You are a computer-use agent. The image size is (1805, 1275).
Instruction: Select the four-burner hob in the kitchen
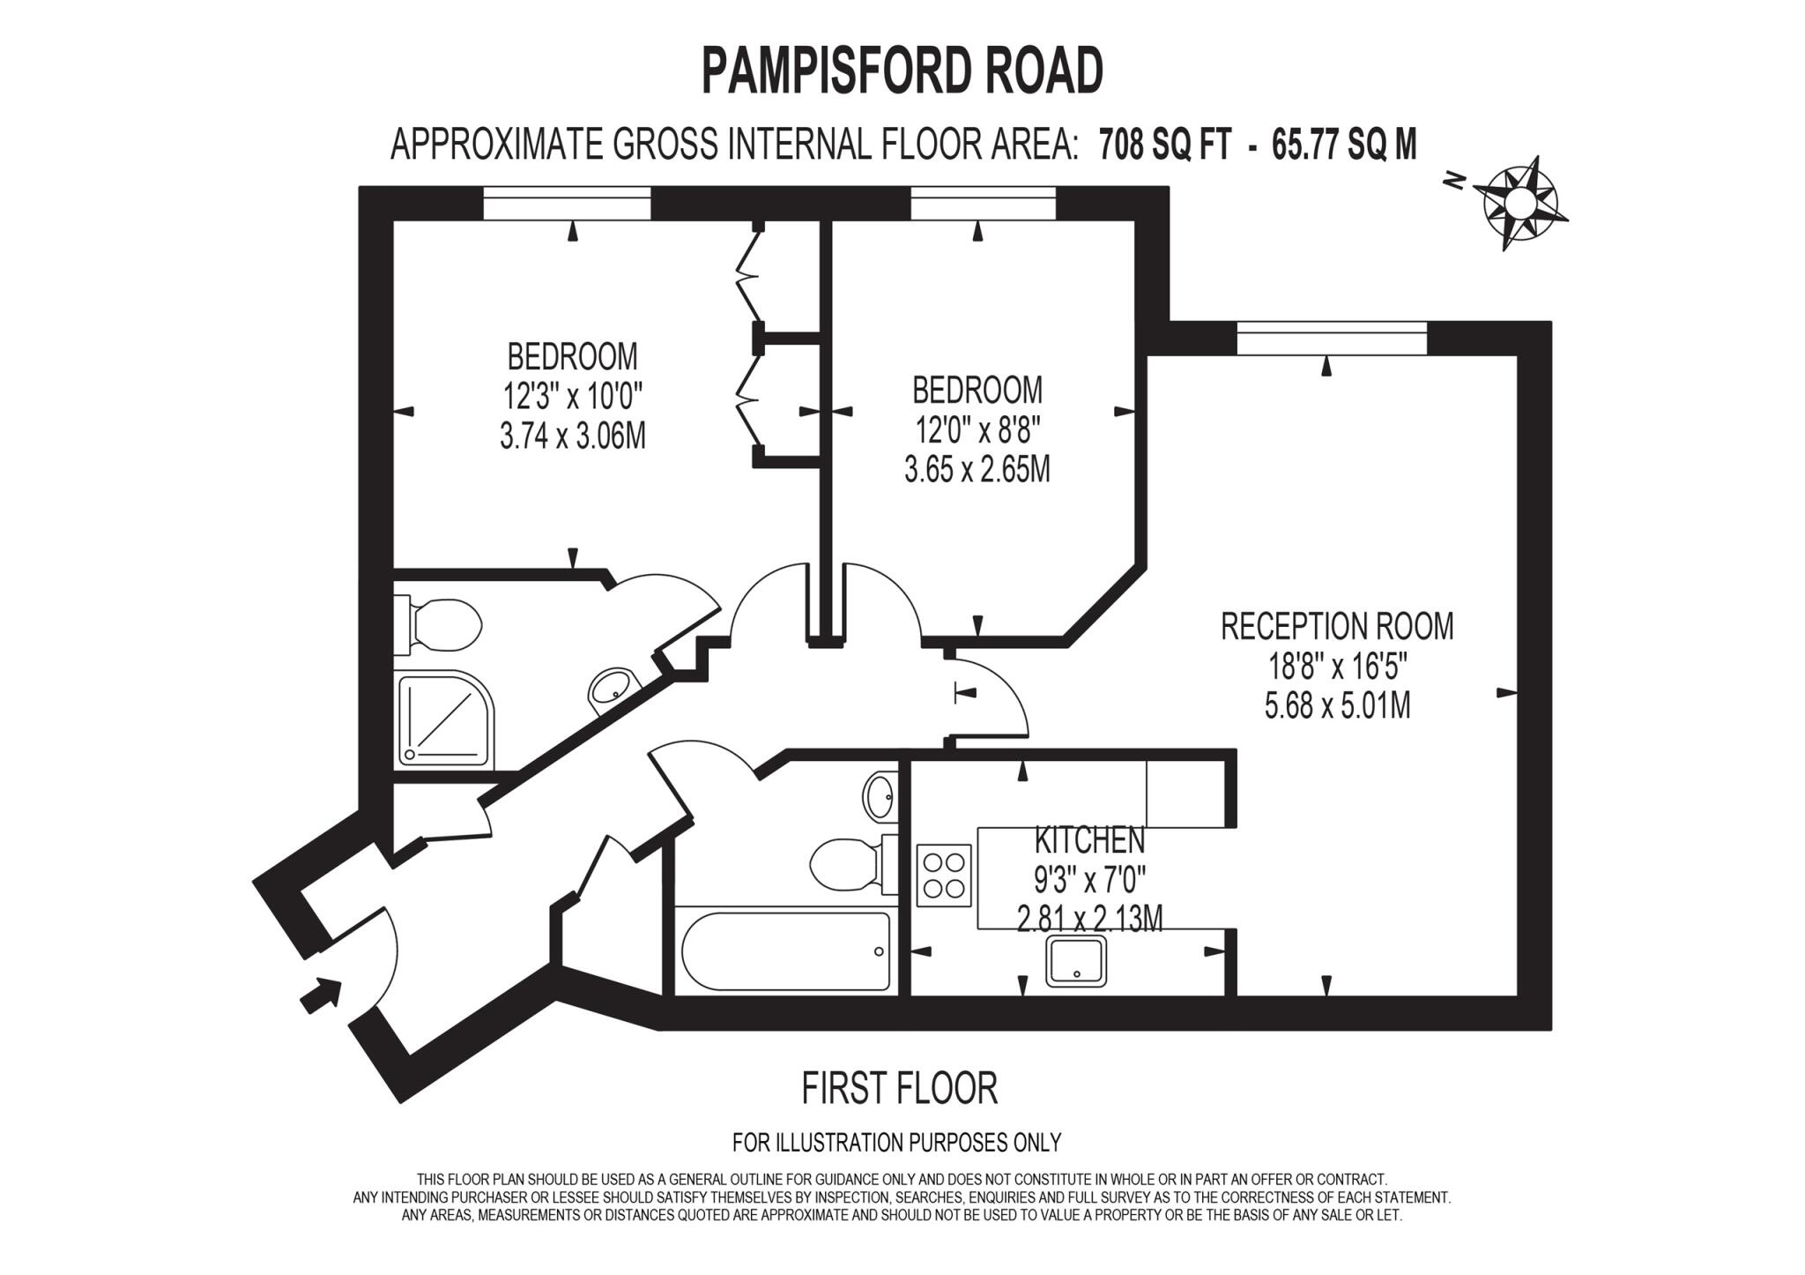(x=943, y=875)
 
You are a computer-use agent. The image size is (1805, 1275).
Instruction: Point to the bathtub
(x=786, y=951)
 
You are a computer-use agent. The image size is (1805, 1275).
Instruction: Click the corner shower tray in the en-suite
(x=445, y=719)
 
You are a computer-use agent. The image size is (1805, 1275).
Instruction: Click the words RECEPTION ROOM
(x=1337, y=626)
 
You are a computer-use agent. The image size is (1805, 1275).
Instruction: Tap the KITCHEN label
(x=1089, y=840)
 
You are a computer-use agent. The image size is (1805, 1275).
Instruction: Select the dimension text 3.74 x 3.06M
(x=573, y=436)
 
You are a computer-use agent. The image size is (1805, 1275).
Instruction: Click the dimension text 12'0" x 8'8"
(x=977, y=431)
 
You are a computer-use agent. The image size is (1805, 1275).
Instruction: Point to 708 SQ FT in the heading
(x=1163, y=144)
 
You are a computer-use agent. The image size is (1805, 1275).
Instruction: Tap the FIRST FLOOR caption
(x=899, y=1088)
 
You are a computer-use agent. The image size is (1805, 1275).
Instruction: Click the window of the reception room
(x=1331, y=339)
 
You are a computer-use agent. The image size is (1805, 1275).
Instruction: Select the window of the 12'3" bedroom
(x=567, y=204)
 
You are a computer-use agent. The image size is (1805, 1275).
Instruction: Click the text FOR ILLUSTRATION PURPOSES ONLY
(x=896, y=1143)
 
